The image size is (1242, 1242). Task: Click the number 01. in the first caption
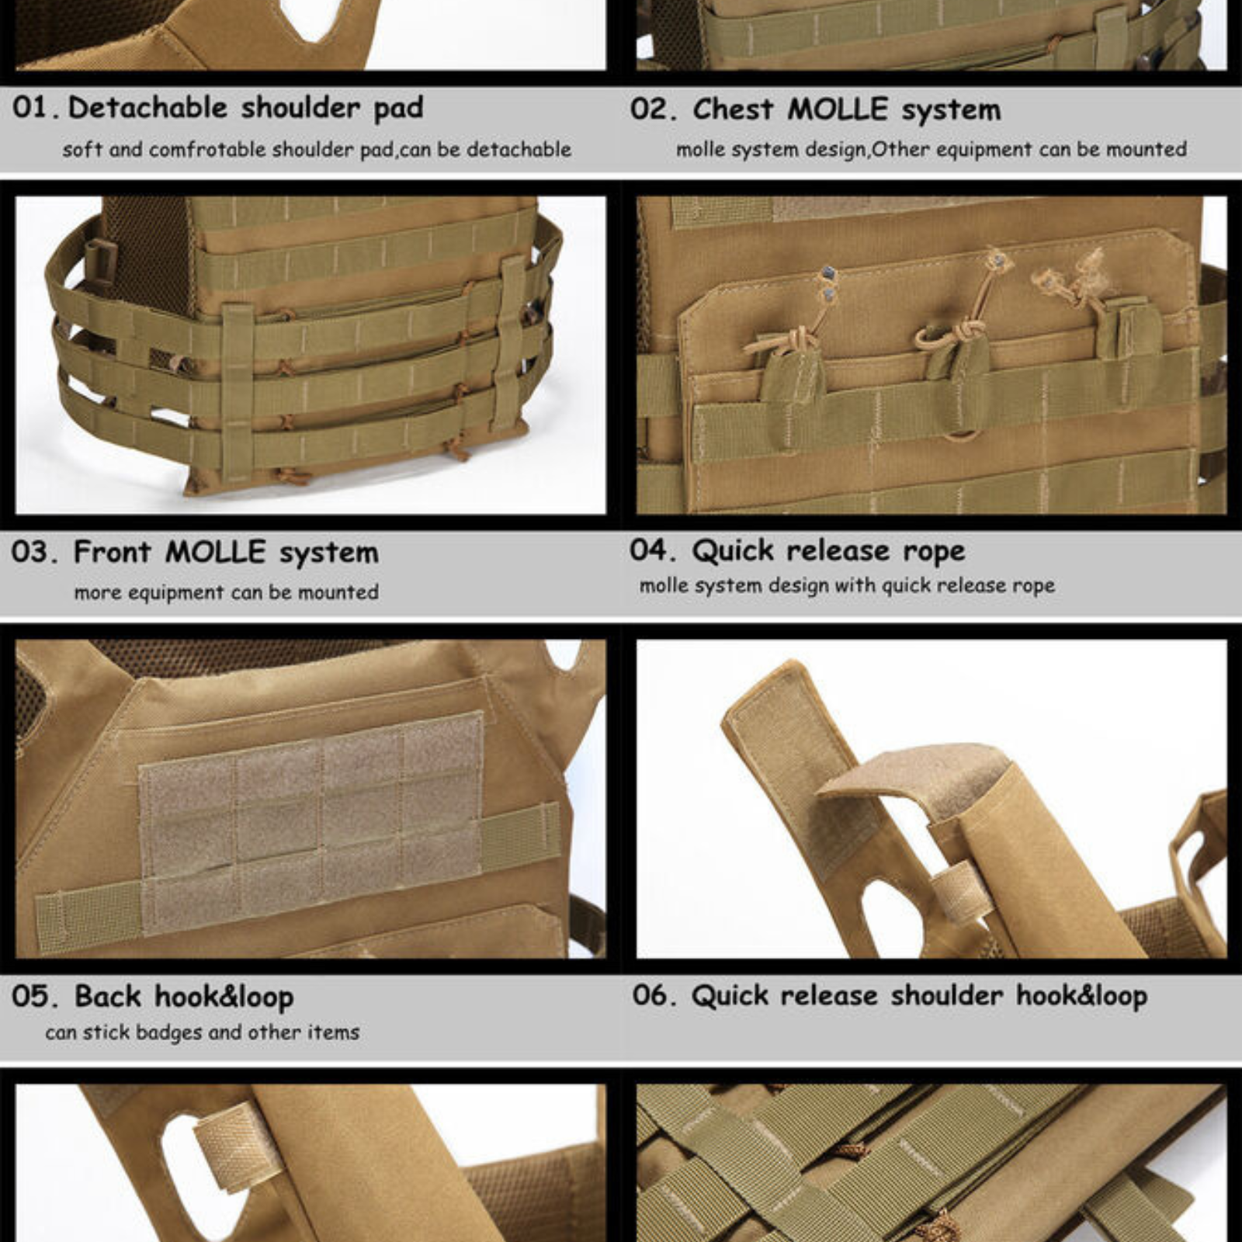[x=36, y=107]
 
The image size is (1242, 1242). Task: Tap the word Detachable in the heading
[x=148, y=107]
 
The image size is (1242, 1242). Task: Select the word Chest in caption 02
[x=732, y=109]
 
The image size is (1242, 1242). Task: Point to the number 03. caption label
[x=35, y=552]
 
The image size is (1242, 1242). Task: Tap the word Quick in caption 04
[x=733, y=550]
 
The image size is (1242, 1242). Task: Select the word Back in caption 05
[x=107, y=996]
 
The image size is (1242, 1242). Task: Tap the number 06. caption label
[x=654, y=995]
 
